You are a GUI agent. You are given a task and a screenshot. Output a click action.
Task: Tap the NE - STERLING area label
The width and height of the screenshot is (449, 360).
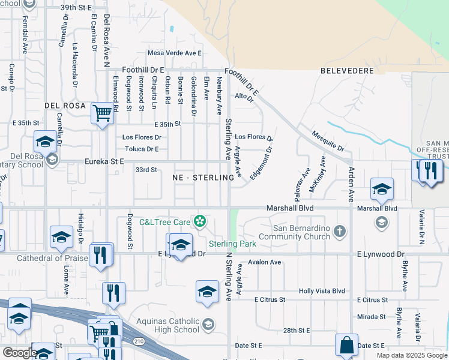pyautogui.click(x=203, y=178)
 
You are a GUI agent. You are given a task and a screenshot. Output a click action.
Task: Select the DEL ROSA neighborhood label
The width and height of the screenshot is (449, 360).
pyautogui.click(x=66, y=106)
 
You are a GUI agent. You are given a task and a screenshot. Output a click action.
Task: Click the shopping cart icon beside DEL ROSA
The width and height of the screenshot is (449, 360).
pyautogui.click(x=103, y=112)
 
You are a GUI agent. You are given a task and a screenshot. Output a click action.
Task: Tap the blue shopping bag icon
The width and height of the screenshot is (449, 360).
pyautogui.click(x=346, y=345)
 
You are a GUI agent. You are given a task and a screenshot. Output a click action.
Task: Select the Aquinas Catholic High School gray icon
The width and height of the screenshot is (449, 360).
pyautogui.click(x=208, y=325)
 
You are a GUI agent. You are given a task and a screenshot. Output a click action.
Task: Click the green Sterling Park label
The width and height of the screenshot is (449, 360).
pyautogui.click(x=232, y=244)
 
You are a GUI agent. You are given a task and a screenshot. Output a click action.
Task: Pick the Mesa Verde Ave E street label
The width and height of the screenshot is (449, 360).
pyautogui.click(x=174, y=53)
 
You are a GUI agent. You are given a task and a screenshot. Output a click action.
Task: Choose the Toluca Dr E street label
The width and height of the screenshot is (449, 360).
pyautogui.click(x=141, y=149)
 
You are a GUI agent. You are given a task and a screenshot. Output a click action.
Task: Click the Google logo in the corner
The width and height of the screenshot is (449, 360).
pyautogui.click(x=20, y=352)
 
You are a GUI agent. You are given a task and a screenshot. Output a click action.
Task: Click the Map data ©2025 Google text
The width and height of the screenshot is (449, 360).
pyautogui.click(x=411, y=355)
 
